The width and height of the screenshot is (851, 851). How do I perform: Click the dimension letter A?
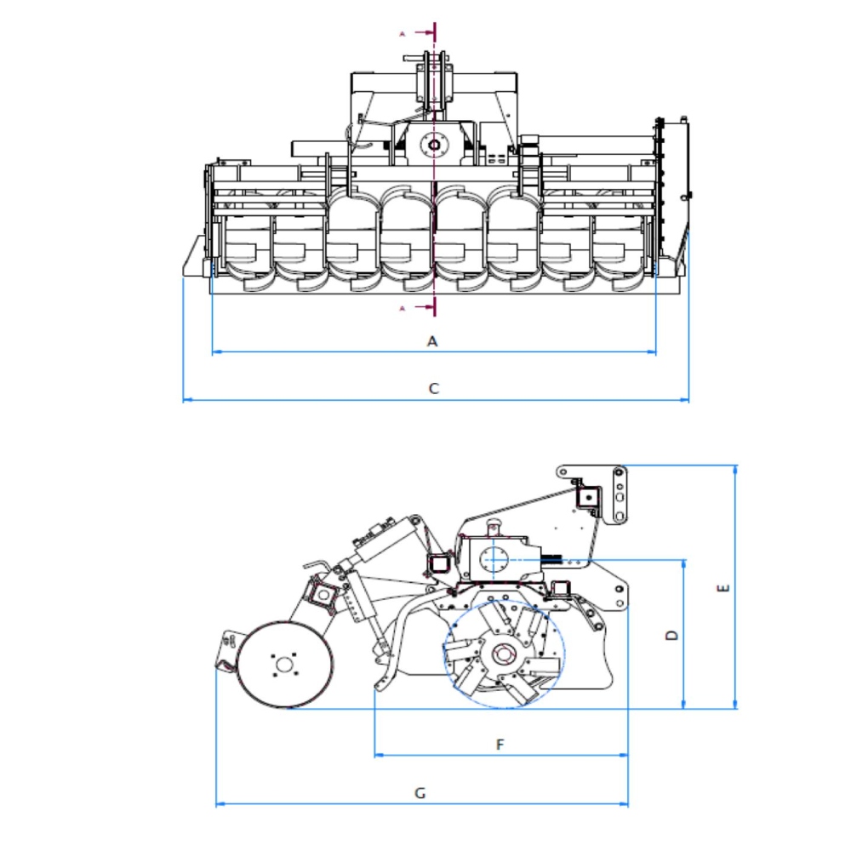coord(432,341)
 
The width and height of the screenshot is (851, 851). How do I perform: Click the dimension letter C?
coord(434,389)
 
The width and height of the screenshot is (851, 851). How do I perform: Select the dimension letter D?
coord(672,635)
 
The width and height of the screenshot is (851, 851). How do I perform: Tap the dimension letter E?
coord(723,588)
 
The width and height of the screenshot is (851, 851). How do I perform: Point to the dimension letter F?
coord(500,744)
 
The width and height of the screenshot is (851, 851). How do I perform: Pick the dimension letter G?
coord(420,793)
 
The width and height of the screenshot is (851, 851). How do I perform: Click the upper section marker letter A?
coord(403,34)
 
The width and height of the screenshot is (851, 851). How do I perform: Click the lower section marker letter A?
coord(403,308)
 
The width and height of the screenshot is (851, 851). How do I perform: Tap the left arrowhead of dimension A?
coord(216,351)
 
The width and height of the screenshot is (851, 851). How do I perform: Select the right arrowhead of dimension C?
coord(684,400)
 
